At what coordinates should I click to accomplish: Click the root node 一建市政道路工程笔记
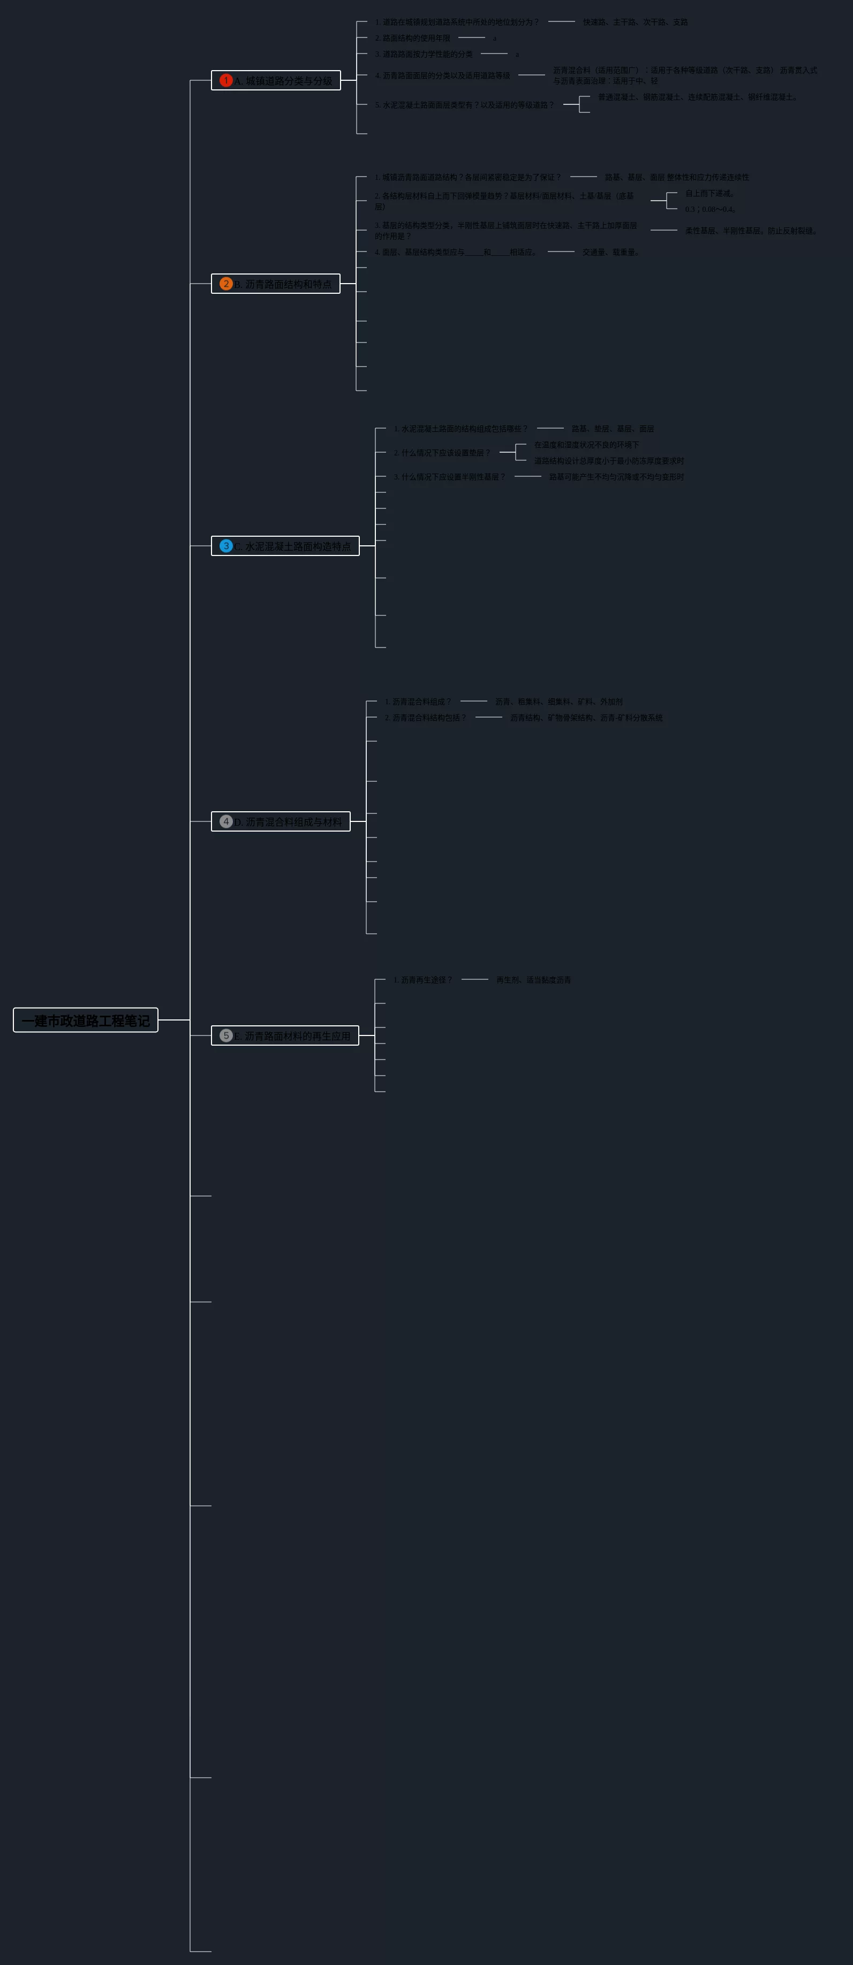[x=86, y=1020]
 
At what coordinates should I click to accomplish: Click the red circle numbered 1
[x=226, y=80]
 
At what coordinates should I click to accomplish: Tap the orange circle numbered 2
[x=226, y=284]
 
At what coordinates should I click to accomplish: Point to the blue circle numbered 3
[x=226, y=546]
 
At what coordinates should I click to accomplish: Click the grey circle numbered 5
[x=226, y=1036]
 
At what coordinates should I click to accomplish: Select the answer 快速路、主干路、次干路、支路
[x=635, y=22]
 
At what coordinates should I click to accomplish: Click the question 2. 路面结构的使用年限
[x=412, y=38]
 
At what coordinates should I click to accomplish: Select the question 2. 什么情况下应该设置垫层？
[x=442, y=453]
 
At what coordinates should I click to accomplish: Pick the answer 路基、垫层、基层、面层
[x=613, y=429]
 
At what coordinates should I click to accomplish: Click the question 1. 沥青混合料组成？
[x=417, y=702]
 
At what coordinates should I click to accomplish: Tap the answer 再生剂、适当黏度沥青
[x=533, y=980]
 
